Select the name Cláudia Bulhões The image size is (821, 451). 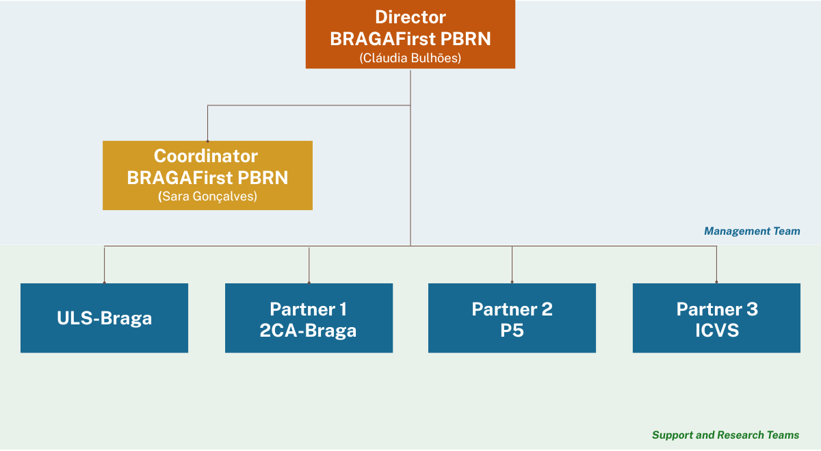coord(410,58)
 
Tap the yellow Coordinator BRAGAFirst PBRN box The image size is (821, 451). coord(207,175)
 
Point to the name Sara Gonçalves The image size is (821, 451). coord(207,196)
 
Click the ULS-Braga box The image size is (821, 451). coord(104,318)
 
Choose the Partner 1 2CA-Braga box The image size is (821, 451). coord(309,318)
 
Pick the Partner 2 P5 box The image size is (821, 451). coord(512,318)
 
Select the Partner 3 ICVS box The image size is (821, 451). coord(716,318)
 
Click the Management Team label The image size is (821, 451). coord(752,231)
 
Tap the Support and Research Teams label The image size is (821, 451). coord(725,435)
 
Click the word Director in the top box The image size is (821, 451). coord(410,17)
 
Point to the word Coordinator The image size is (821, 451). coord(206,156)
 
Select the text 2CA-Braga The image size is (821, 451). coord(308,331)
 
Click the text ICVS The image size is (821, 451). coord(717,331)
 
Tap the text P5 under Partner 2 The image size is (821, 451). coord(512,331)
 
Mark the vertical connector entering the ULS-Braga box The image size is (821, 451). coord(104,264)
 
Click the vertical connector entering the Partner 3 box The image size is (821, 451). coord(716,264)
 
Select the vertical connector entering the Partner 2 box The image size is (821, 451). coord(512,264)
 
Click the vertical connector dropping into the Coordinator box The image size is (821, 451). coord(207,123)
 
